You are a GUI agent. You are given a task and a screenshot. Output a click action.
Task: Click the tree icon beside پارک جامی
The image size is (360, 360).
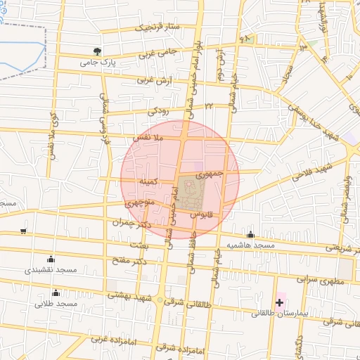point(97,51)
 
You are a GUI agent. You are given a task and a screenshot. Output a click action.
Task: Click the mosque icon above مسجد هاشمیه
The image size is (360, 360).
point(250,234)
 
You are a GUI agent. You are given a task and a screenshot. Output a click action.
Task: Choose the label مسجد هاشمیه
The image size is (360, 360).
point(250,245)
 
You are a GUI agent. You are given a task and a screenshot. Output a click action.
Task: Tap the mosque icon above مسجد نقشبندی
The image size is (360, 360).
point(50,259)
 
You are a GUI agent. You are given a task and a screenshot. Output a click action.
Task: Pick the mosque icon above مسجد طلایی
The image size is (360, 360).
point(56,292)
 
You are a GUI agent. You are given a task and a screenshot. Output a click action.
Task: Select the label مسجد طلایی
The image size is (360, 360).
point(56,304)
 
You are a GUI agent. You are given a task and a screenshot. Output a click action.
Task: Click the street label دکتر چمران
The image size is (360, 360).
point(134,221)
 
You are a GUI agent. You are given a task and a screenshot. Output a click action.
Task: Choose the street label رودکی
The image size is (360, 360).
point(157,111)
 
